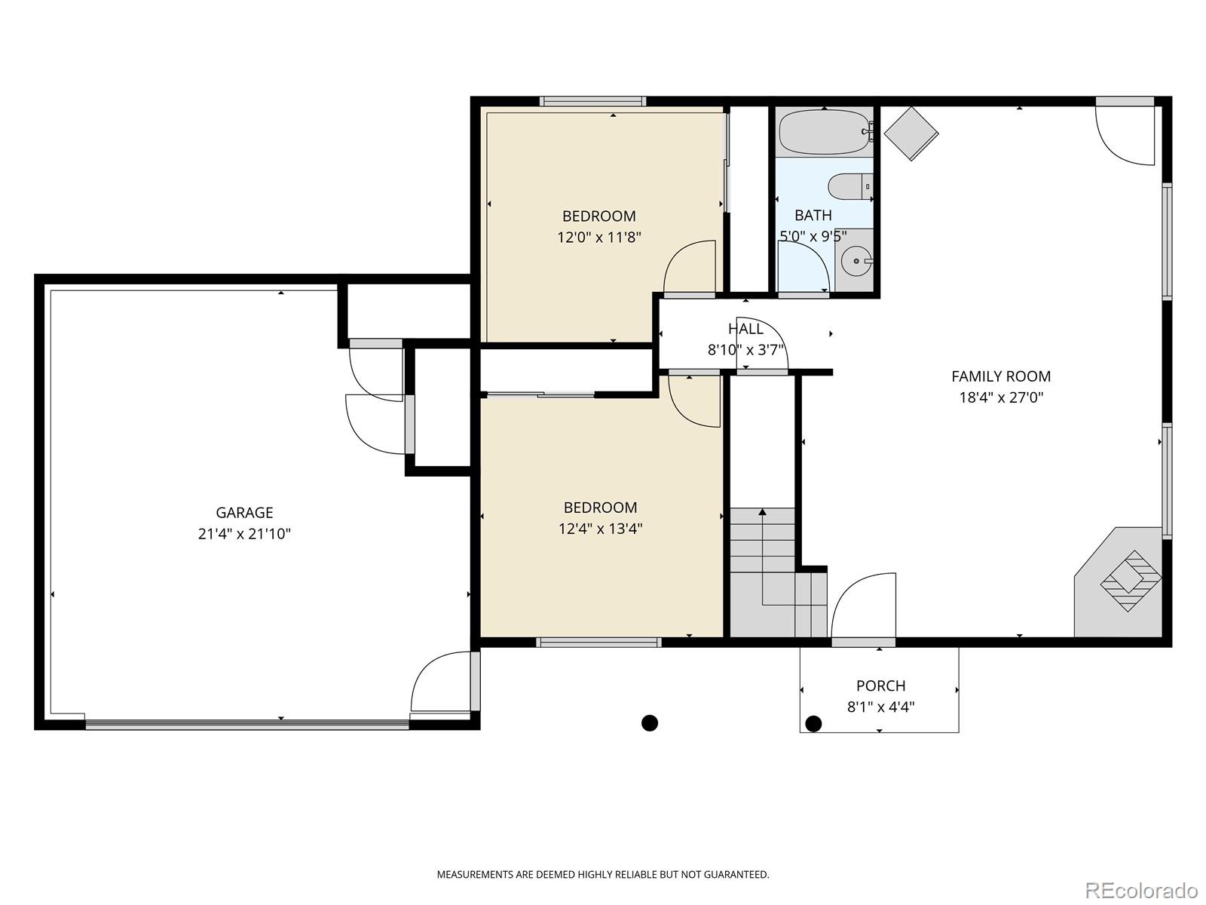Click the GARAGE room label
[x=244, y=513]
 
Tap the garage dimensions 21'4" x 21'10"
[x=244, y=534]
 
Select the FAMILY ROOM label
[x=1000, y=376]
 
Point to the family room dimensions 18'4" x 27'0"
[x=1000, y=397]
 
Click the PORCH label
[x=880, y=686]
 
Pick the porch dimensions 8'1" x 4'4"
[x=880, y=707]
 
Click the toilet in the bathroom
[x=850, y=186]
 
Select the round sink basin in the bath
[x=856, y=262]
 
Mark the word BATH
[x=813, y=216]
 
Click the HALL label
[x=745, y=329]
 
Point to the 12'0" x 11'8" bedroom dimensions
[x=599, y=238]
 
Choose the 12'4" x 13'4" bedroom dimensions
[x=600, y=529]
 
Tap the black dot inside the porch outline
[x=813, y=724]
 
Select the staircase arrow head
[x=762, y=512]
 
